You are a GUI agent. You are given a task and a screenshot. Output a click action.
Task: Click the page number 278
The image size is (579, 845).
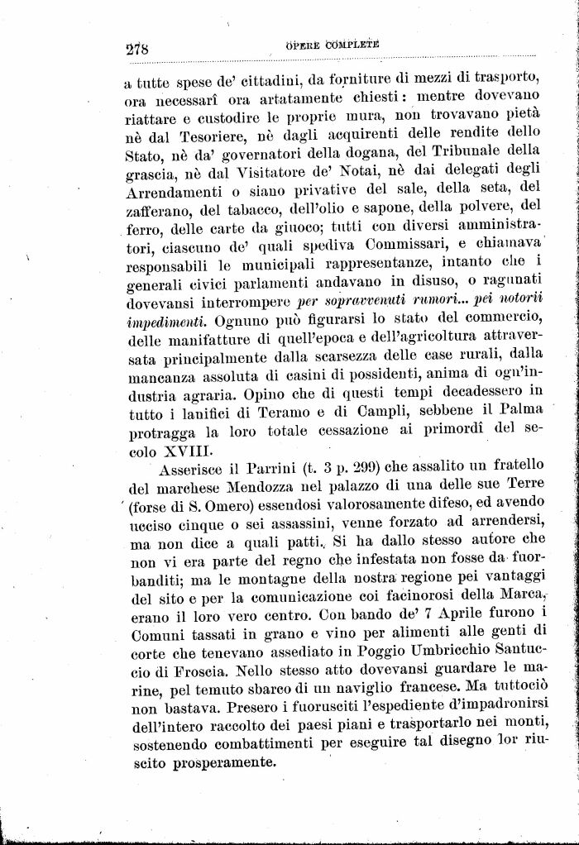click(136, 48)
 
